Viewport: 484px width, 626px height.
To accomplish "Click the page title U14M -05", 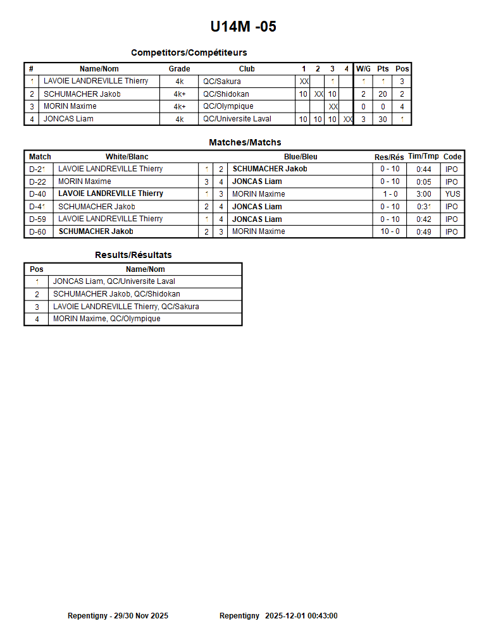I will coord(243,27).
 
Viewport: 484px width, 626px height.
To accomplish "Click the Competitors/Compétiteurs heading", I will coord(189,52).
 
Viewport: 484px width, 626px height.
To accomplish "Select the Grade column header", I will coord(179,69).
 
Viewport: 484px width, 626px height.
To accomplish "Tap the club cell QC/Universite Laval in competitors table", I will coord(237,119).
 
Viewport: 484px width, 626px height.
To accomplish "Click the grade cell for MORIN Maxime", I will coord(179,106).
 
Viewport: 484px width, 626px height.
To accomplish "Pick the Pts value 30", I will coord(383,119).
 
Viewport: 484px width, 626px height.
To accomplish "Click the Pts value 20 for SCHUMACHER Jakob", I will coord(383,94).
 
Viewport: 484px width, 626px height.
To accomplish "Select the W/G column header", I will coord(363,69).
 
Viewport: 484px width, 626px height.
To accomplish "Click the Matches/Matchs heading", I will coord(245,142).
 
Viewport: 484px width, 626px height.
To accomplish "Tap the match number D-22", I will coord(39,181).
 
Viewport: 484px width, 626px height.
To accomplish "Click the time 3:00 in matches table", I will coord(423,194).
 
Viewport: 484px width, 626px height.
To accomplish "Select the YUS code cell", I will coord(452,194).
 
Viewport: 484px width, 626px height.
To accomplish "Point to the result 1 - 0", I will coord(390,194).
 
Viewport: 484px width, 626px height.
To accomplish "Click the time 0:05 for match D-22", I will coord(423,181).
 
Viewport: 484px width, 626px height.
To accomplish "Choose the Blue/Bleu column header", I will coord(301,157).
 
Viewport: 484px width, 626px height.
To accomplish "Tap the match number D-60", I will coord(39,231).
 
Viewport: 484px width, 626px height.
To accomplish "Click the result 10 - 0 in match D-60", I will coord(390,231).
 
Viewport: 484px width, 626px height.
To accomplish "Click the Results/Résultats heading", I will coord(133,255).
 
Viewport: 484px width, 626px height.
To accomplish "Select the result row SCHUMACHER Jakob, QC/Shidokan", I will coord(116,294).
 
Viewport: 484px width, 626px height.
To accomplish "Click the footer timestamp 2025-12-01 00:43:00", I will coord(301,616).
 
